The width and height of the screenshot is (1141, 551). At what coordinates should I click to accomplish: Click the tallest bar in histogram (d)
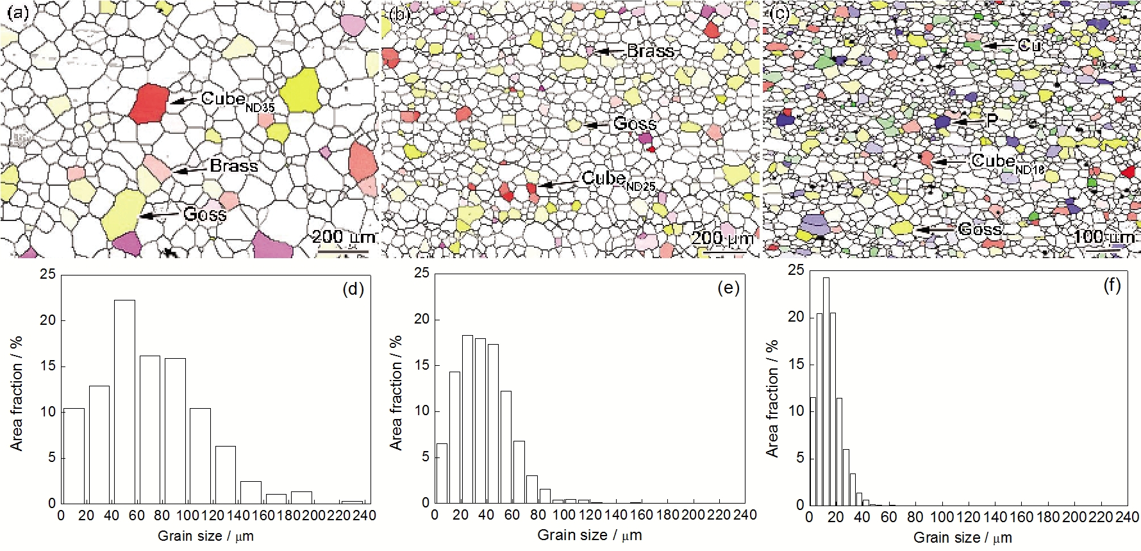click(x=124, y=401)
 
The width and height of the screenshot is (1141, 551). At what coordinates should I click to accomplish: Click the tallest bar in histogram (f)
click(x=826, y=391)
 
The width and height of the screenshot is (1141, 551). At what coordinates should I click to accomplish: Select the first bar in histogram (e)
click(x=442, y=473)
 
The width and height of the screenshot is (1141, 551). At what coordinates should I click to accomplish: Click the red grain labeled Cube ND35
click(x=149, y=103)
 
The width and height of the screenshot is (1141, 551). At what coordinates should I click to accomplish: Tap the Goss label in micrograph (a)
click(x=204, y=214)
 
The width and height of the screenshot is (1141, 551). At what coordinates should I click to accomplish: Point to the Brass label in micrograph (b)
click(x=650, y=51)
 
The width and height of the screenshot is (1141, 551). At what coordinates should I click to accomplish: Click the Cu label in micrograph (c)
click(x=1029, y=45)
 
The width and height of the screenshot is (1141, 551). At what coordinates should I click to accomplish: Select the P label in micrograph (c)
click(x=991, y=120)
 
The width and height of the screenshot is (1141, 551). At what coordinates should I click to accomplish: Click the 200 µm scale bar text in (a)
click(x=343, y=236)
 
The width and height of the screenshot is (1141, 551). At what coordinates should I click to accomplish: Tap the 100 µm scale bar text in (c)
click(x=1103, y=236)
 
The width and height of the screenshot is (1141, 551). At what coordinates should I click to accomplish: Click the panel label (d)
click(x=353, y=289)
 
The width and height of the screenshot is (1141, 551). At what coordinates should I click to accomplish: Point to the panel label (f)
click(x=1112, y=286)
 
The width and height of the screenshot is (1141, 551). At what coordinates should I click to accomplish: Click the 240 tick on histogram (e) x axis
click(x=744, y=515)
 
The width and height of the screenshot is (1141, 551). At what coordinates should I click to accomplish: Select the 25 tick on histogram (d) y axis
click(x=48, y=275)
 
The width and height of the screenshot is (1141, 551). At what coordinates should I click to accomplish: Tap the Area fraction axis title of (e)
click(x=397, y=391)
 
